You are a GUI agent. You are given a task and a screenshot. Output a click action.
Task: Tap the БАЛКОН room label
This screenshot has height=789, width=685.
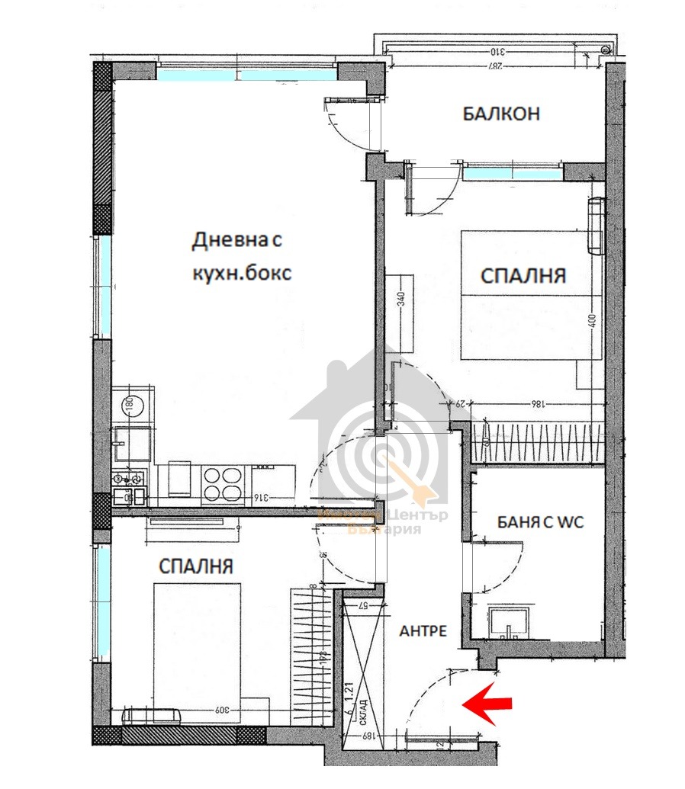coord(501,114)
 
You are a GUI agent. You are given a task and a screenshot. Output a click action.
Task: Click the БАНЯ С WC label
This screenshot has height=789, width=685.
coord(539,523)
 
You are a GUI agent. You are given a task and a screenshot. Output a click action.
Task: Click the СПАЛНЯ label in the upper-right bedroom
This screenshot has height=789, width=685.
coord(523,275)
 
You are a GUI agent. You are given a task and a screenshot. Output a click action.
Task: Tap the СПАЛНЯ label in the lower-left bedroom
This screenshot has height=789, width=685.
coord(196,566)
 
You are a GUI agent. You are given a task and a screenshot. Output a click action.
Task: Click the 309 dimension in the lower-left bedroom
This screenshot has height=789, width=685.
coord(222,711)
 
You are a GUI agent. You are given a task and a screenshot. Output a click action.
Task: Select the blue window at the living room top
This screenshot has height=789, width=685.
coord(246,75)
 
